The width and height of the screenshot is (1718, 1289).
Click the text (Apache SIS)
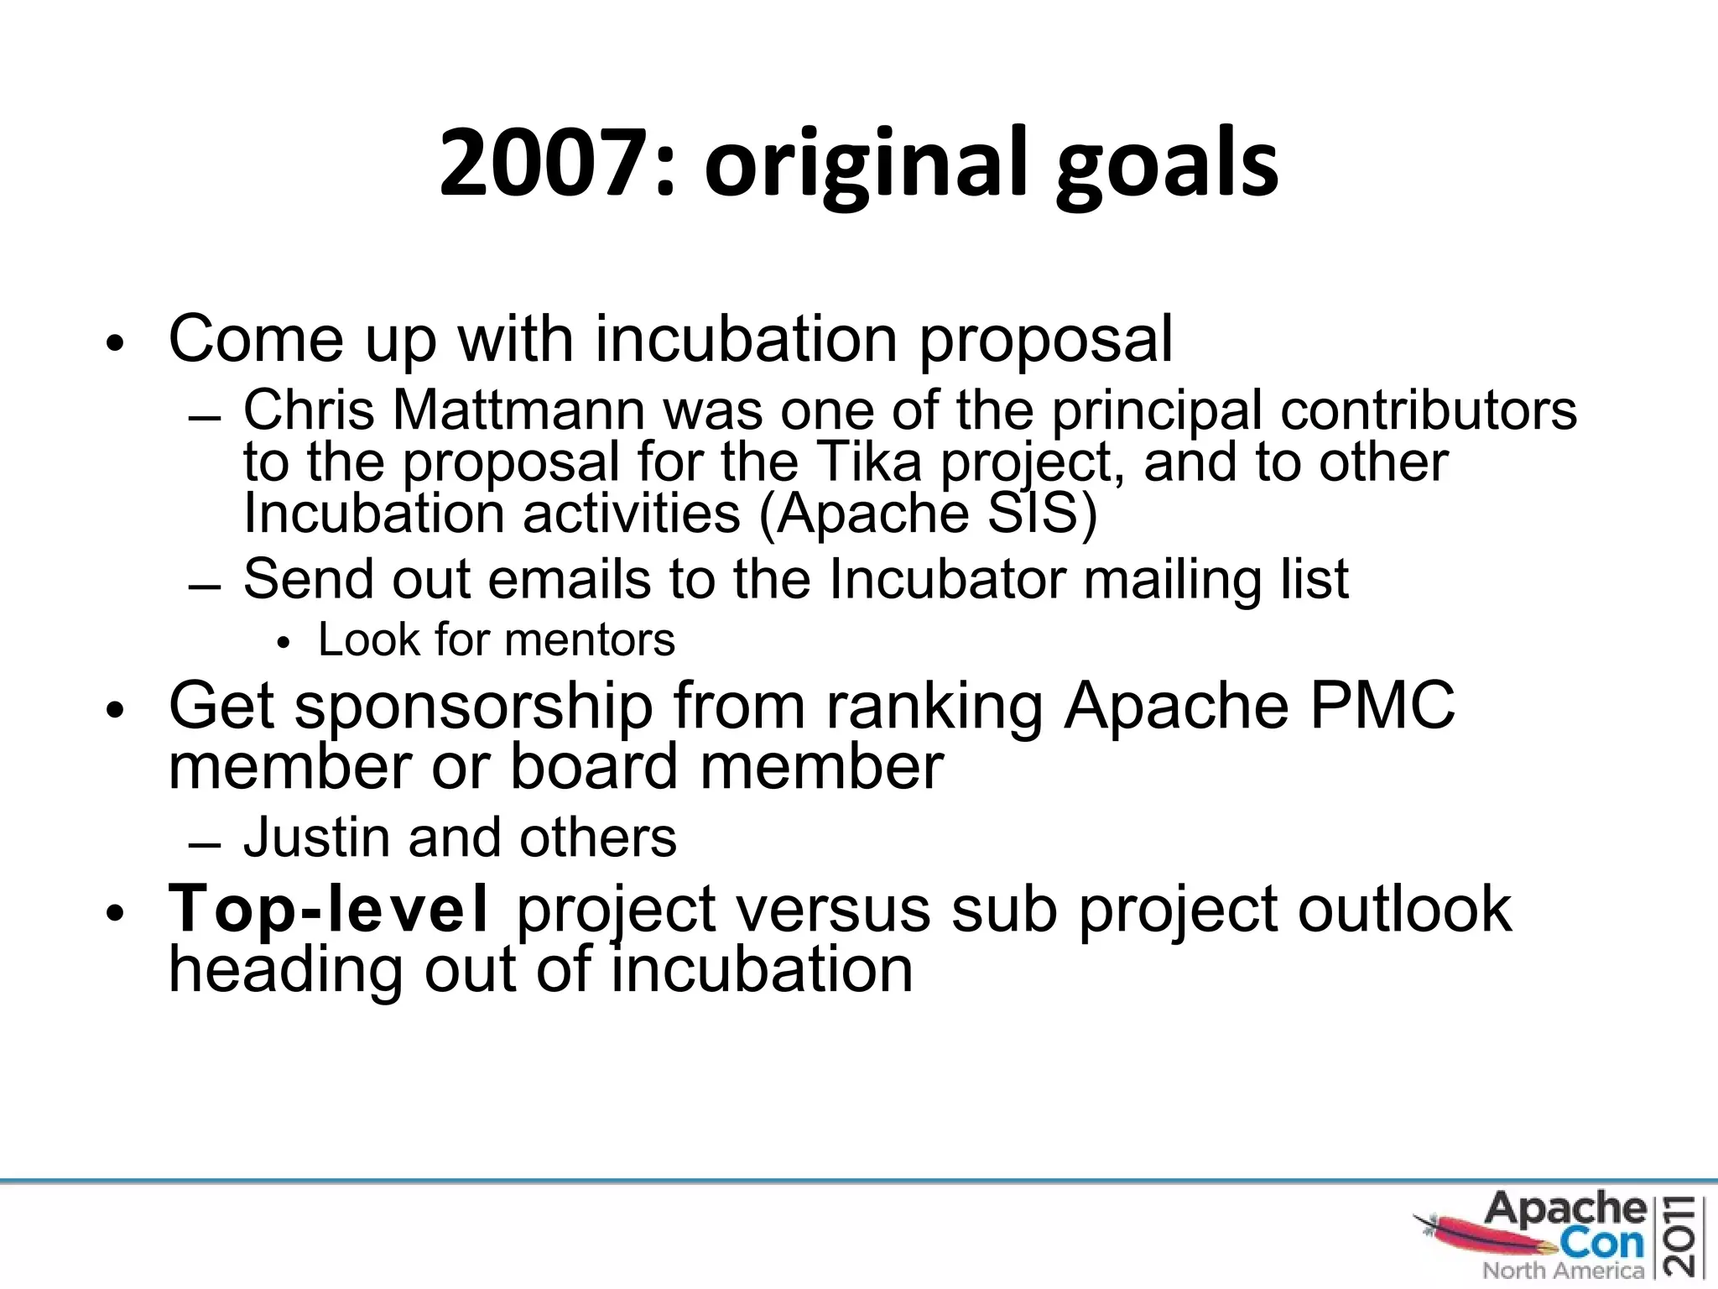click(x=928, y=513)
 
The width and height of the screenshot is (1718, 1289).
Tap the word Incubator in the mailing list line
click(x=947, y=578)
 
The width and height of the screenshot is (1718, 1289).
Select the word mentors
click(x=590, y=639)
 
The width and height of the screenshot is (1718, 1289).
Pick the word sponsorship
click(x=473, y=707)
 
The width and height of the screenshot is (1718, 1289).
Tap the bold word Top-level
click(x=327, y=909)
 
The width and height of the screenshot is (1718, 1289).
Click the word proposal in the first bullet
click(x=1045, y=340)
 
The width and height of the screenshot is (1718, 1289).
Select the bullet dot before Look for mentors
click(x=283, y=644)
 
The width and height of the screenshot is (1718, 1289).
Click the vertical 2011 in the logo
click(x=1685, y=1234)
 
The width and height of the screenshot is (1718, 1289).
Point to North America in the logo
click(x=1562, y=1271)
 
